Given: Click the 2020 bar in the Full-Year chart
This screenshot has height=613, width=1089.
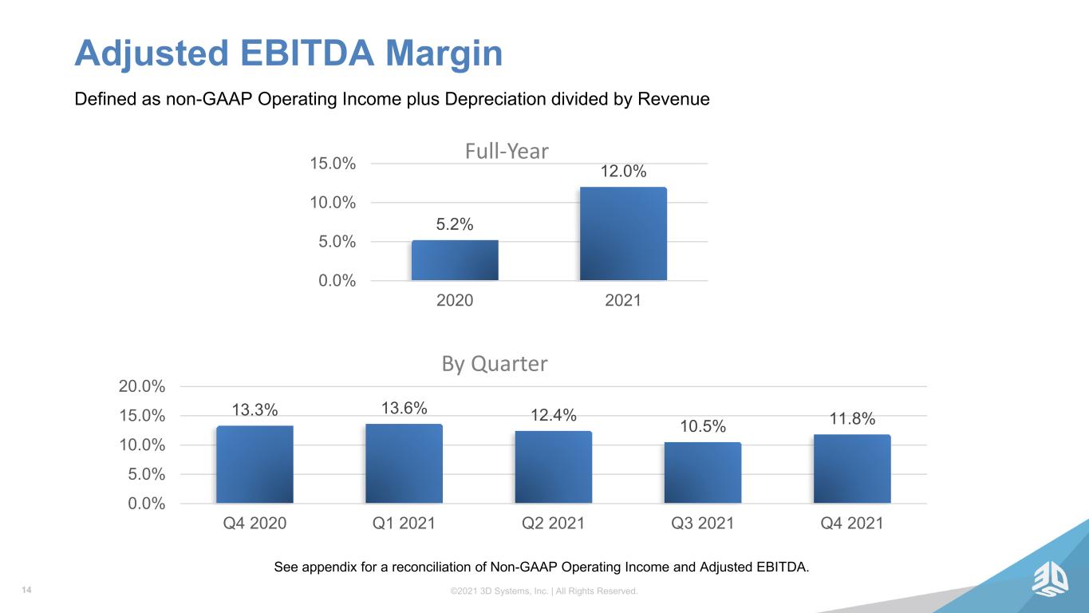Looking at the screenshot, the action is (455, 260).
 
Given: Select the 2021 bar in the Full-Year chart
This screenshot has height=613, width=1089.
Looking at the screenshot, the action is (623, 234).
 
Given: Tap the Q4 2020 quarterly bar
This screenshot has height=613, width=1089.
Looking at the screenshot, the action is (254, 465).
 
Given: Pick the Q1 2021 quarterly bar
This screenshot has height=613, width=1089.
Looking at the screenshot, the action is (404, 464).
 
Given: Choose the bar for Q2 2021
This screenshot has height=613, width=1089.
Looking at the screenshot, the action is (554, 467).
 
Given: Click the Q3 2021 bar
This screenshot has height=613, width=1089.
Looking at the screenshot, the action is (703, 473).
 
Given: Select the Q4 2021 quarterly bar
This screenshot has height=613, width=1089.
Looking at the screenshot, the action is (852, 469).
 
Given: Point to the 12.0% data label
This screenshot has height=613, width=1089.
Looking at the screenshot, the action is (623, 172).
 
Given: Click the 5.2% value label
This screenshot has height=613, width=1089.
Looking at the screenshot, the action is (455, 224).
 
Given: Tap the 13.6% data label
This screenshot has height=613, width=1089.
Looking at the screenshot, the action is (404, 408).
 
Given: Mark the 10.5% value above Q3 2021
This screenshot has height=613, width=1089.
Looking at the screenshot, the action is (703, 427).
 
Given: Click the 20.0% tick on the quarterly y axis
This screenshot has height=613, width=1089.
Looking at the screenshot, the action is (142, 386).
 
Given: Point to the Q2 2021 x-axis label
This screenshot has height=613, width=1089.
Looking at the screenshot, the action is (553, 523).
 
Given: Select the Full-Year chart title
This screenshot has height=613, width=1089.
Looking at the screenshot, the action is (507, 151).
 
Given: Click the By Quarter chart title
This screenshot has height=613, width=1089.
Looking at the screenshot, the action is (495, 364).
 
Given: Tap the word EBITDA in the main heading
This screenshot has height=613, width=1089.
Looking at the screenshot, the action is (307, 53).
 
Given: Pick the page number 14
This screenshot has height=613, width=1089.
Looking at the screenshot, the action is (27, 590).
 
